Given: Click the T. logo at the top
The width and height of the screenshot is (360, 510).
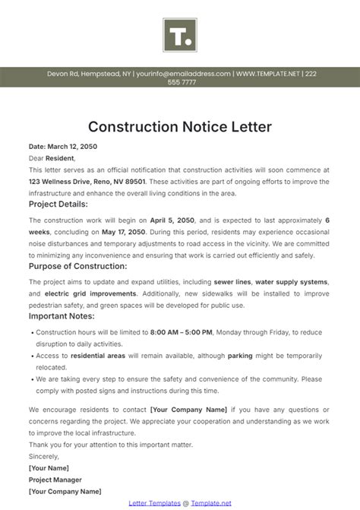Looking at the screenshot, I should point(179,34).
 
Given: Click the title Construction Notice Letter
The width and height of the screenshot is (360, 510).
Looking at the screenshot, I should point(180,125).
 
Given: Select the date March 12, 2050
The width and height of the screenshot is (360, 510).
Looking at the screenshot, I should point(63,146).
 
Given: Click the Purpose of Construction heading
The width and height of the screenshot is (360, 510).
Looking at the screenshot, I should point(77,266).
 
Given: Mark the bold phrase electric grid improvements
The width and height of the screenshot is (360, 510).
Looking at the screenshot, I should point(90,293).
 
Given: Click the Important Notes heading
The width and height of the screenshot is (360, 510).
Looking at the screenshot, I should point(62,315).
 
